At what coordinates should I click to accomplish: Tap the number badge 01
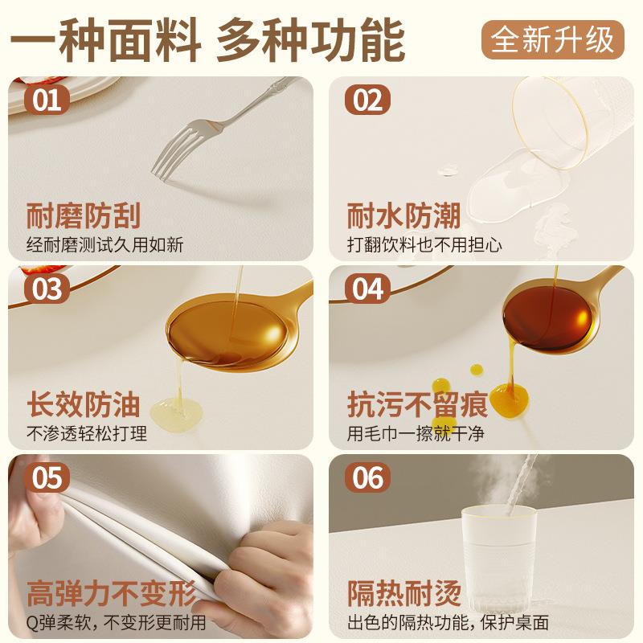(46, 101)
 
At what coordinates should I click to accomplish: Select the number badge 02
(367, 101)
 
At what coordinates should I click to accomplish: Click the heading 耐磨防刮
(84, 216)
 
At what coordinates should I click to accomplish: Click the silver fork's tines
(173, 151)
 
